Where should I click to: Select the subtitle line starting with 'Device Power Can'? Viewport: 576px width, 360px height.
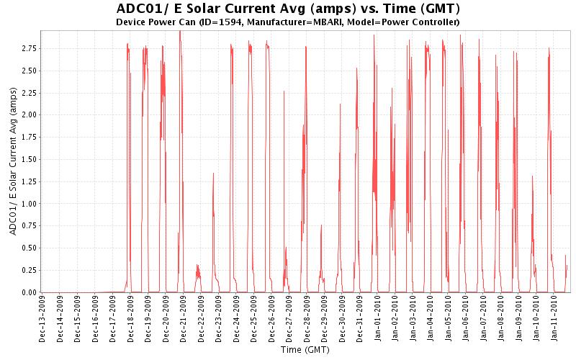pyautogui.click(x=288, y=22)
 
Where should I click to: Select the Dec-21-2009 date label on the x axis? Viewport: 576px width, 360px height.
pyautogui.click(x=183, y=318)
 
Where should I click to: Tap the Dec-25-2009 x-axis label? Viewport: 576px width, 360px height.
pyautogui.click(x=253, y=318)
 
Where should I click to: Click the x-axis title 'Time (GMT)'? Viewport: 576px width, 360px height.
pyautogui.click(x=305, y=350)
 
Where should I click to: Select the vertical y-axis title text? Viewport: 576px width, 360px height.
pyautogui.click(x=12, y=161)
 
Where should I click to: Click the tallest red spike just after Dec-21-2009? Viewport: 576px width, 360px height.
pyautogui.click(x=180, y=36)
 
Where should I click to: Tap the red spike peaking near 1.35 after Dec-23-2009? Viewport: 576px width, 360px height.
pyautogui.click(x=213, y=176)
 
